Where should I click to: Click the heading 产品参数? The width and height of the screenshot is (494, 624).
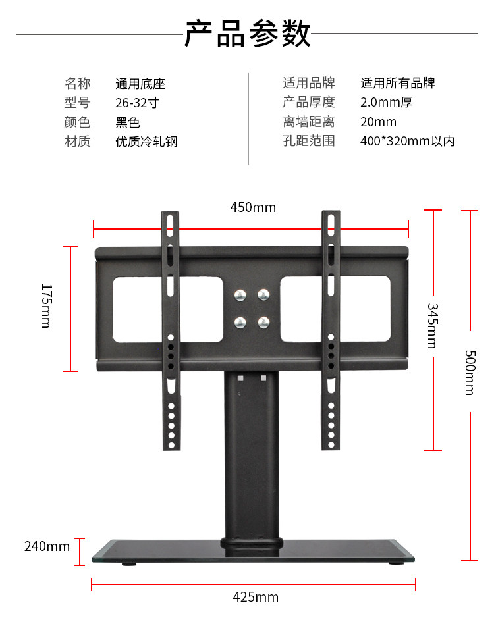pos(247,34)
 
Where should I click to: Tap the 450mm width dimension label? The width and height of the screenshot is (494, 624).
pos(253,207)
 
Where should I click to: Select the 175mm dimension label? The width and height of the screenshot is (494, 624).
pos(45,306)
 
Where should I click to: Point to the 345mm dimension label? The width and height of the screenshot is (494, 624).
pos(432,326)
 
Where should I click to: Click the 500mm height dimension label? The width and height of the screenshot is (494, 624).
pos(470,372)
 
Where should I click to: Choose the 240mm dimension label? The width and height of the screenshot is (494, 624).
pos(47,546)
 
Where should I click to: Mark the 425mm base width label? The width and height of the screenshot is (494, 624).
pos(256,597)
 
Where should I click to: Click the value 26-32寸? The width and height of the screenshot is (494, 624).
pos(137,103)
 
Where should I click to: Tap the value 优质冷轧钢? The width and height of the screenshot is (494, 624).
pos(146,142)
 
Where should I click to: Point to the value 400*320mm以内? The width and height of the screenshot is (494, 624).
pos(407,142)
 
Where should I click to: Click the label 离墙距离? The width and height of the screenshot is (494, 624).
pos(308,122)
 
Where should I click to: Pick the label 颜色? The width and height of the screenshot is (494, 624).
pos(77,122)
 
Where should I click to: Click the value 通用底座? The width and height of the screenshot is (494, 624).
pos(140,84)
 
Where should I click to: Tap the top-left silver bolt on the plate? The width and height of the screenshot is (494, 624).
pos(241,295)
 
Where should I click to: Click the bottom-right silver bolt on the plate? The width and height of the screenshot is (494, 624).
pos(263,322)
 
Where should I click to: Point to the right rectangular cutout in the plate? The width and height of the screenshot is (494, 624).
pos(335,309)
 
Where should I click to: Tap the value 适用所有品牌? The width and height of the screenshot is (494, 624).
pos(397,84)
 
